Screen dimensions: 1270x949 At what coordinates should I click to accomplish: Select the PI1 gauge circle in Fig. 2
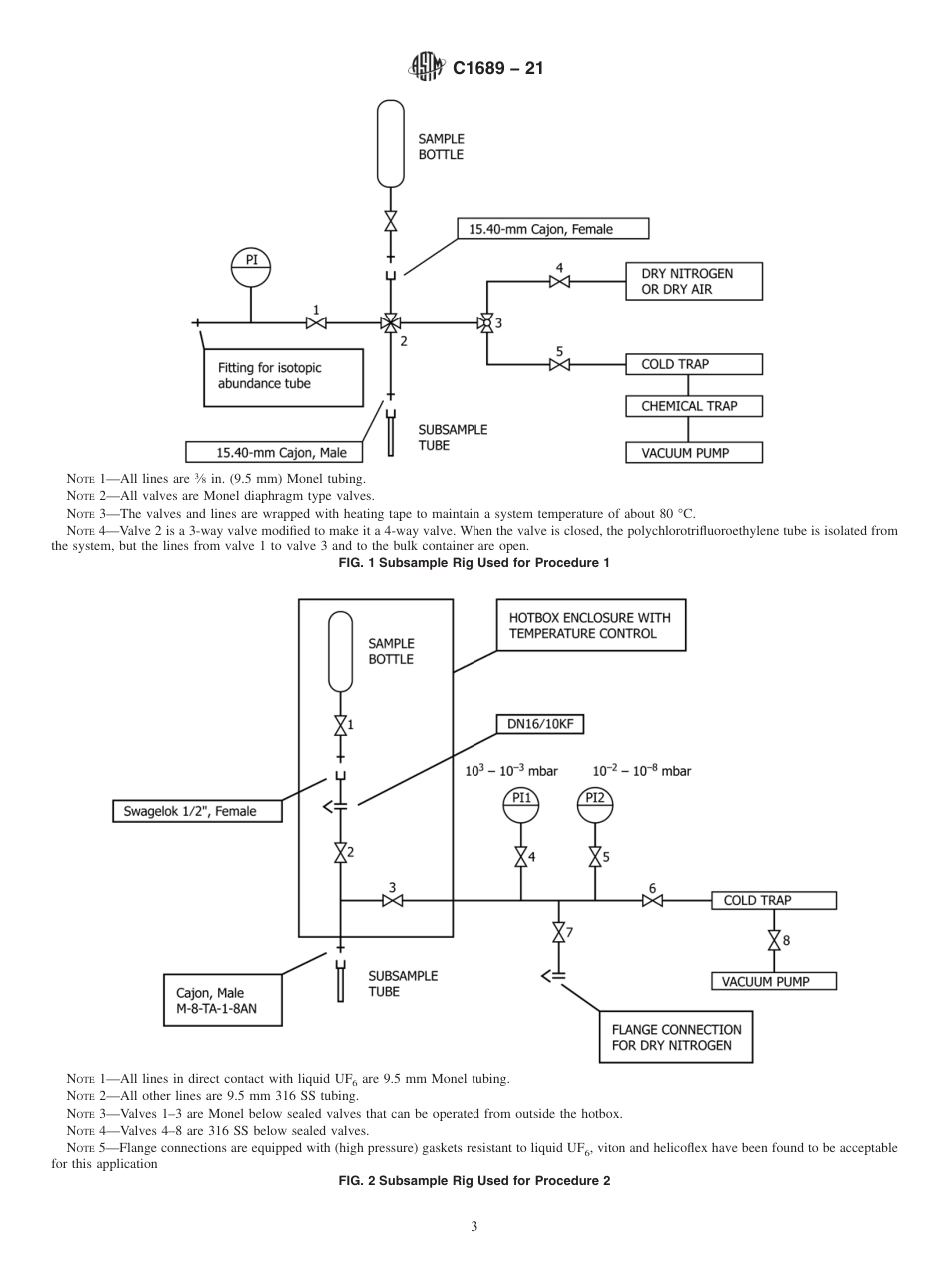point(520,805)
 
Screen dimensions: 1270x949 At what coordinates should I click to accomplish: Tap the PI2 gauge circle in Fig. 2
point(595,805)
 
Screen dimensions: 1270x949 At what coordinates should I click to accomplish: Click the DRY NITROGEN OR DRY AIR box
point(694,282)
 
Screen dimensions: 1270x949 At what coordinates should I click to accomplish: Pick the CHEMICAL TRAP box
point(694,407)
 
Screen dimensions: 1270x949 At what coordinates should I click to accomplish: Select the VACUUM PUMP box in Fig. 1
point(694,453)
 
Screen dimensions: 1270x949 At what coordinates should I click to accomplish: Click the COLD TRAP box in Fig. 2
point(773,901)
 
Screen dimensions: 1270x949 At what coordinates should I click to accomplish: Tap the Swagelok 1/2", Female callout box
point(196,811)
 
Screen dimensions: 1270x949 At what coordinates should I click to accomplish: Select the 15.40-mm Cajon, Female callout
point(552,229)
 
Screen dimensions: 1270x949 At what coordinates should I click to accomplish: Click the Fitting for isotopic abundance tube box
point(283,376)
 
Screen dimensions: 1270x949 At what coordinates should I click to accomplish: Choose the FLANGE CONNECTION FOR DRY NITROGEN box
point(675,1038)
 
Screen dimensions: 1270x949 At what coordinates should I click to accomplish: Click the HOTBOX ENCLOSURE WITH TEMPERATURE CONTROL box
point(590,625)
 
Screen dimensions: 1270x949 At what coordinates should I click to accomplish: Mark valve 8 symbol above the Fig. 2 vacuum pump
point(773,941)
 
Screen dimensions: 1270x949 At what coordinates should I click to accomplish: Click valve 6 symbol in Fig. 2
point(653,901)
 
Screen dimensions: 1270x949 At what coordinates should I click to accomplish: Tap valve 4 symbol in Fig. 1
point(559,282)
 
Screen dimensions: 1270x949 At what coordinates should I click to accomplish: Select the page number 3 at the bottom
point(474,1227)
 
